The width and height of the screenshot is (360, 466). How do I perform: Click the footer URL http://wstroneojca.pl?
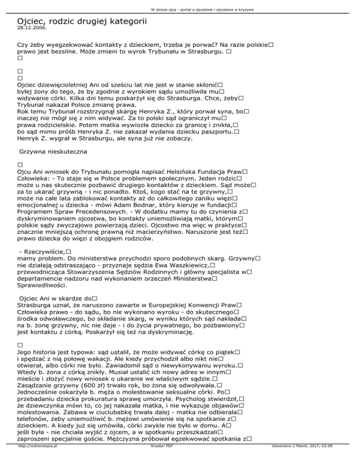33,459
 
